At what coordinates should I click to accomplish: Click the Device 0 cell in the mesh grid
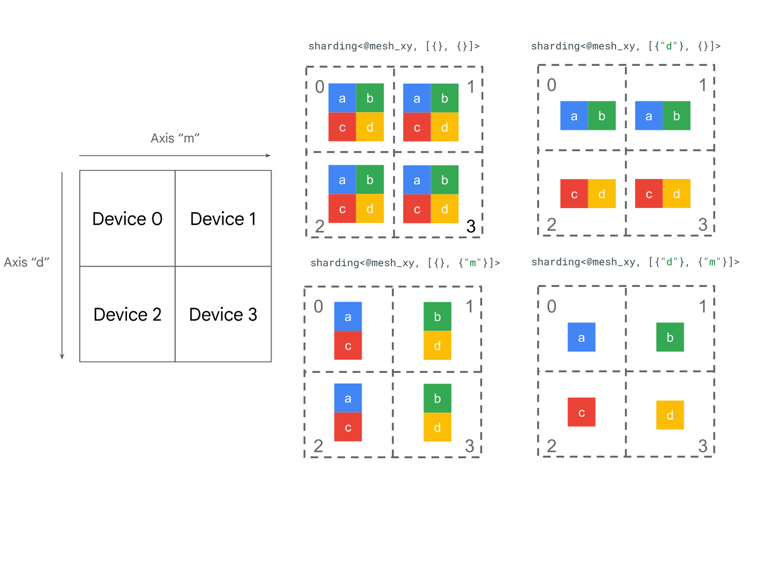[x=127, y=219]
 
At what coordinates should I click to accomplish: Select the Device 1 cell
[x=223, y=219]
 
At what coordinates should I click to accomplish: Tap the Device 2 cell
[x=127, y=314]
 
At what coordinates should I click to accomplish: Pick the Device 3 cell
[x=223, y=314]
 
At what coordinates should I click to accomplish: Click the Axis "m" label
[x=175, y=138]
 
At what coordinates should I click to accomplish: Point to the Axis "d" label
[x=27, y=262]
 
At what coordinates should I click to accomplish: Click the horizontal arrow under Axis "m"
[x=175, y=155]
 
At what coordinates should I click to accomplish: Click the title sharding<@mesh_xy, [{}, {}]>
[x=394, y=46]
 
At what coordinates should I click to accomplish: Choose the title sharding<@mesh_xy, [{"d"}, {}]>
[x=626, y=46]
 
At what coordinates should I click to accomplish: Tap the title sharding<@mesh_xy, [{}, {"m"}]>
[x=405, y=263]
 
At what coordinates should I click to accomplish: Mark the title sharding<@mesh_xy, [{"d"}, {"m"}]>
[x=635, y=262]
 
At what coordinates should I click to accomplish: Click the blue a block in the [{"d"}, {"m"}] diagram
[x=582, y=338]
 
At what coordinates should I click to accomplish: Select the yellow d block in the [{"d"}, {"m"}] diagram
[x=670, y=415]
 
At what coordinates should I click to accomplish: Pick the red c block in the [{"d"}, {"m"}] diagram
[x=582, y=413]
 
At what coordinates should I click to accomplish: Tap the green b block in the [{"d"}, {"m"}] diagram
[x=670, y=338]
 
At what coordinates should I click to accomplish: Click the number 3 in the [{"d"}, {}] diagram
[x=703, y=225]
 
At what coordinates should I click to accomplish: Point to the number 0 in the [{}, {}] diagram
[x=320, y=87]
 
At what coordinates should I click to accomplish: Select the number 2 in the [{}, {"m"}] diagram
[x=318, y=446]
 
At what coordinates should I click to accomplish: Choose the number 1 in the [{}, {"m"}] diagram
[x=470, y=306]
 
